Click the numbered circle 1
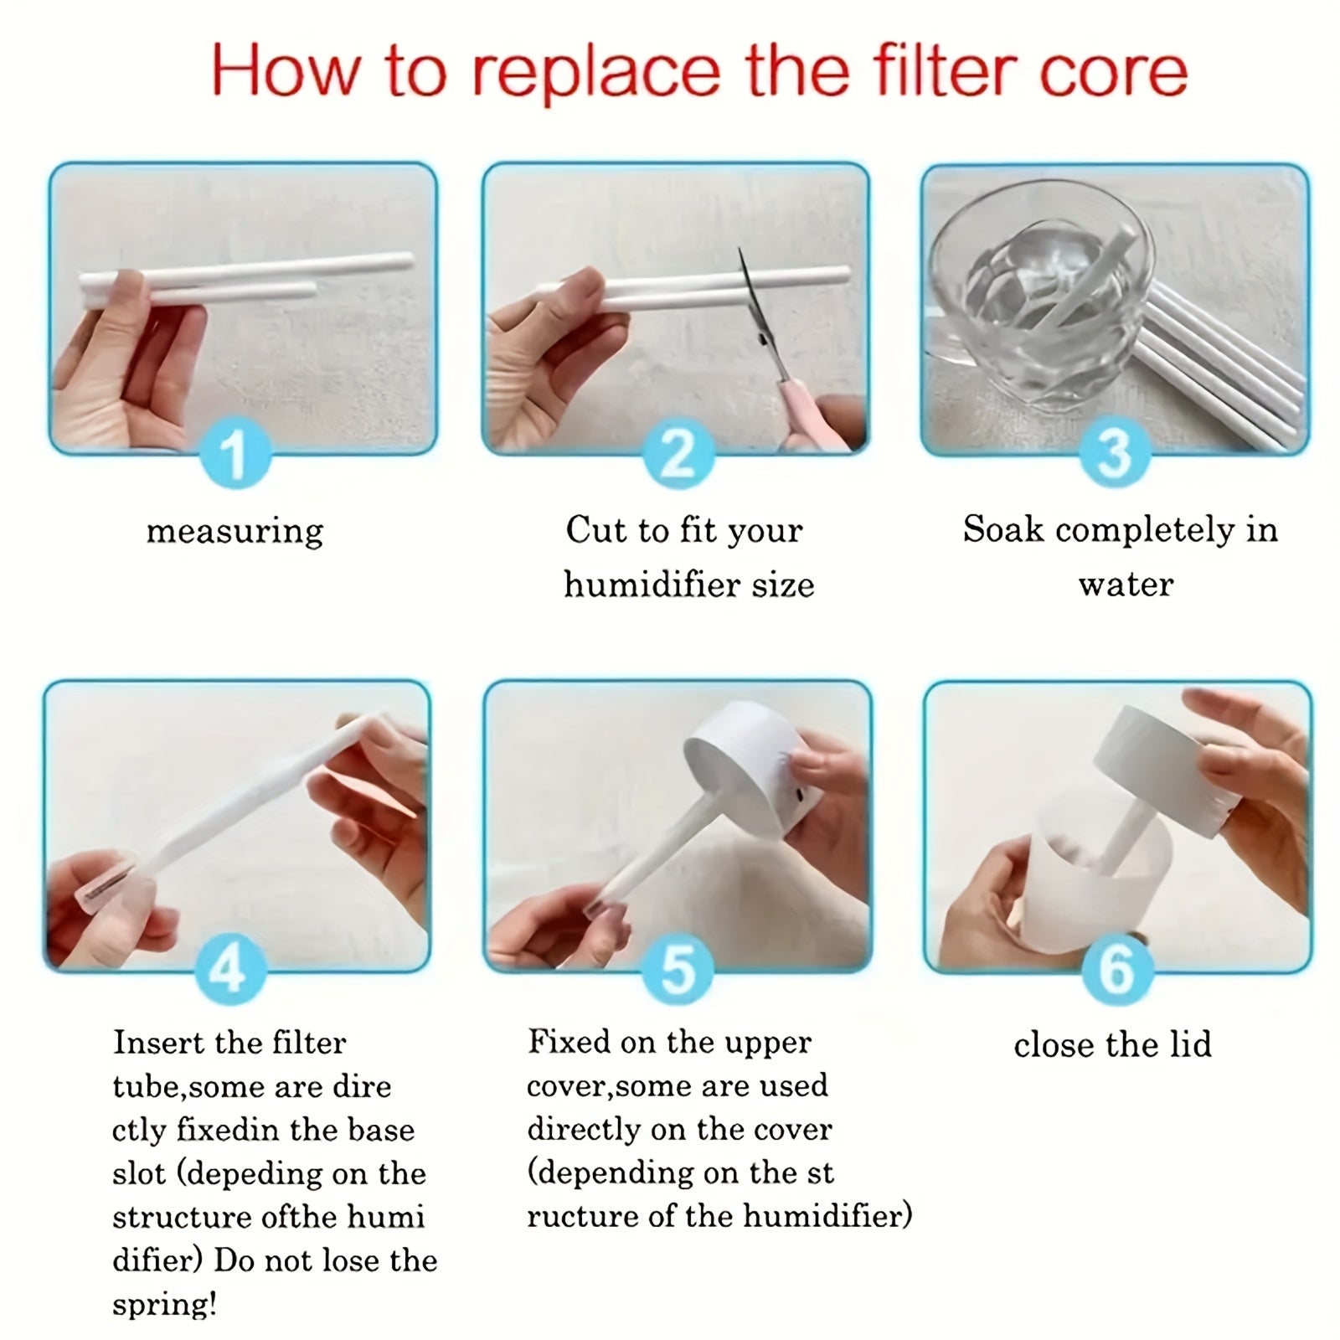235,453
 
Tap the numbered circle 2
678,453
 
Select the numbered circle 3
1114,453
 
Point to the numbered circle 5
678,970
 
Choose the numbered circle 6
1117,970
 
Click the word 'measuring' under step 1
234,531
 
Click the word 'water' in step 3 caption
1126,585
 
